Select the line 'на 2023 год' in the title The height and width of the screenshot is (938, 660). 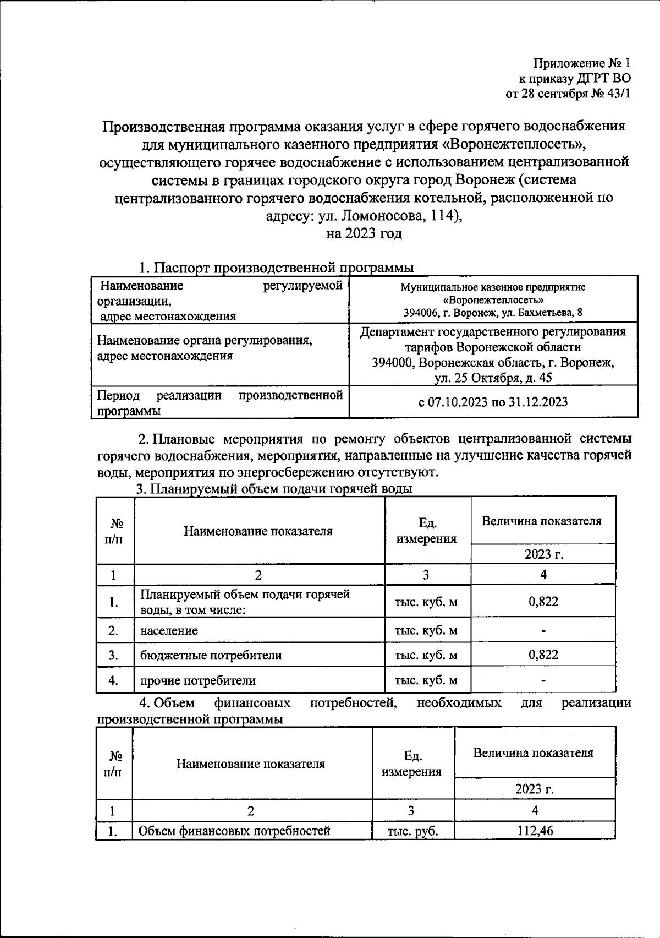coord(364,233)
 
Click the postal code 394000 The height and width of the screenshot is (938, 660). coord(394,363)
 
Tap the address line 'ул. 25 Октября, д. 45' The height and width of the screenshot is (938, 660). coord(493,378)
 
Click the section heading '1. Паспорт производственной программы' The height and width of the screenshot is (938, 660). coord(276,268)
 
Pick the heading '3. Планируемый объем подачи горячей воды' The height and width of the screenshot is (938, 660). coord(274,489)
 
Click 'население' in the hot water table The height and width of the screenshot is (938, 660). coord(169,630)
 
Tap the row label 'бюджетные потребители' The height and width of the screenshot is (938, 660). coord(211,655)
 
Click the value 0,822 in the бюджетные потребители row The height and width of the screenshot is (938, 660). coord(543,655)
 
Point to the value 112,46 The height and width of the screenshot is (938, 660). coord(535,831)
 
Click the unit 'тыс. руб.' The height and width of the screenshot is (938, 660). coord(413,831)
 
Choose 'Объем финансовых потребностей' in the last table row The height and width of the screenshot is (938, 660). coord(234,831)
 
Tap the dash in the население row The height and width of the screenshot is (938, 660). coord(543,631)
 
